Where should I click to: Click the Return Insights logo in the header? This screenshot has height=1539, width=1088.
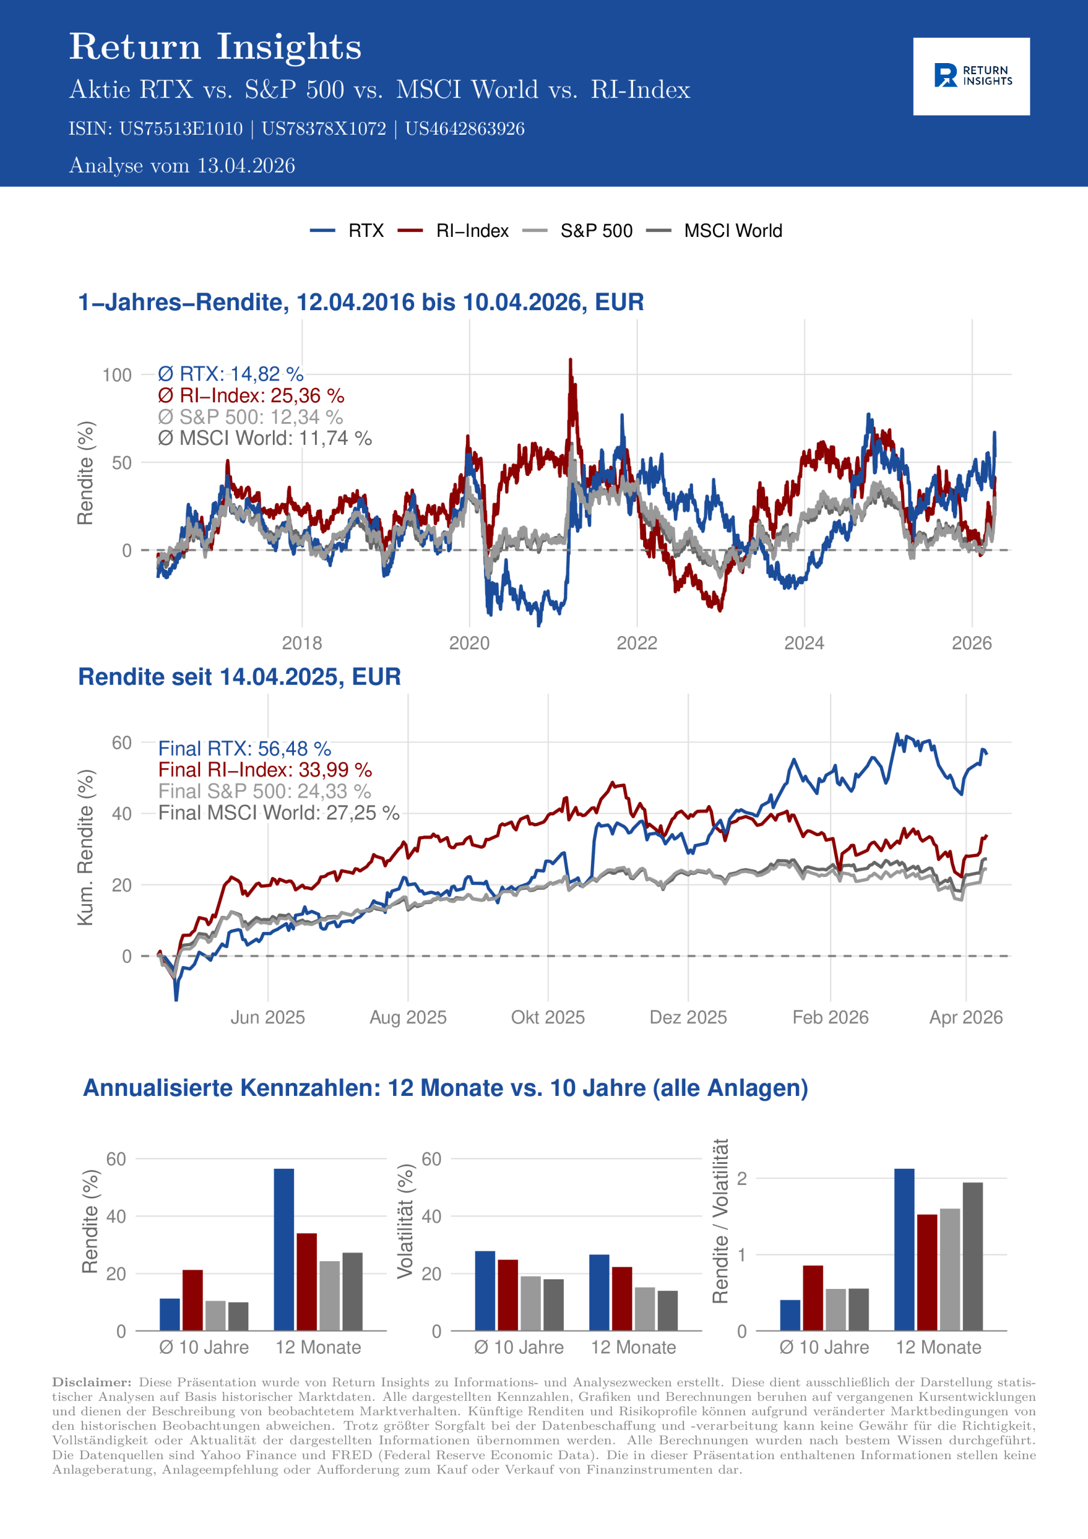click(x=971, y=76)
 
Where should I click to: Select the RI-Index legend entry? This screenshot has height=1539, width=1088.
click(x=471, y=231)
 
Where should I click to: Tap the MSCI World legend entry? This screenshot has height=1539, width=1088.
click(x=732, y=231)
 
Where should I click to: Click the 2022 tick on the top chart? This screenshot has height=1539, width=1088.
click(x=636, y=643)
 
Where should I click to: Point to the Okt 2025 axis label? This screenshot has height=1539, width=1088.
click(x=548, y=1018)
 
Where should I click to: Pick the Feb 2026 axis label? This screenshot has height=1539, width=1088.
click(x=830, y=1018)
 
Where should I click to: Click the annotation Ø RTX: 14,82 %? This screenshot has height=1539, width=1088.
click(x=231, y=374)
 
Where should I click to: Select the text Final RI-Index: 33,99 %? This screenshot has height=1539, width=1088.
click(x=265, y=769)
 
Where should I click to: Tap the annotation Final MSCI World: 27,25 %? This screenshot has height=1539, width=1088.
click(x=278, y=812)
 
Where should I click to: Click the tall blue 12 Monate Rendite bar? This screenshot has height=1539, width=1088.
click(x=284, y=1249)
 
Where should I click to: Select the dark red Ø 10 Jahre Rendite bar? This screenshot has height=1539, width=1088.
click(x=192, y=1300)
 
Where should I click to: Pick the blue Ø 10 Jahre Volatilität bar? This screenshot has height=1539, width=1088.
click(x=484, y=1290)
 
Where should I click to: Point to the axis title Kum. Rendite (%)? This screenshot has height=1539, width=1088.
click(x=85, y=848)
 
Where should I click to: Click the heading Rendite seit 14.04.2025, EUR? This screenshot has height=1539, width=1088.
click(x=239, y=677)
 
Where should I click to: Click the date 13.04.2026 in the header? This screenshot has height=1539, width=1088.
click(x=246, y=165)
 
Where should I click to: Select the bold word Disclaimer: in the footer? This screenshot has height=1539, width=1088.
click(x=92, y=1382)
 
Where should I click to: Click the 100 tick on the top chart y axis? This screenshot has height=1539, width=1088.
click(x=117, y=375)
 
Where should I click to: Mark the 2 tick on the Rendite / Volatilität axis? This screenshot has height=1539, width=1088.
click(x=741, y=1178)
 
